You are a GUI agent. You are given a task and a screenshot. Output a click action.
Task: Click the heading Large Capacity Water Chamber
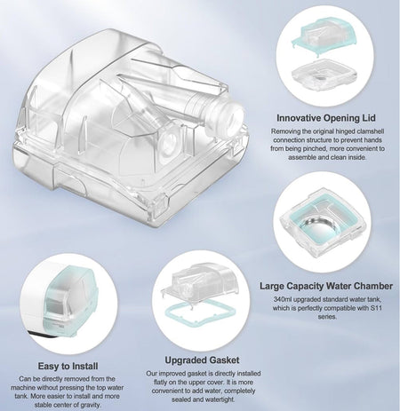pyautogui.click(x=328, y=287)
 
